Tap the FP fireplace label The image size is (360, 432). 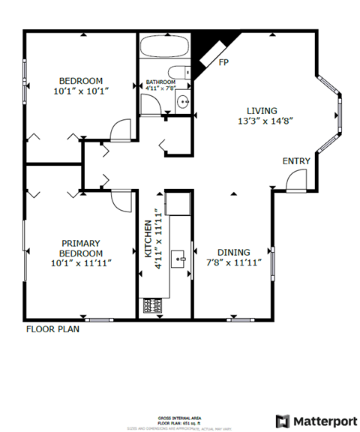coord(223,62)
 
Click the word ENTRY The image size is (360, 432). coord(296,161)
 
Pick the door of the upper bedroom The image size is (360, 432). coord(119,131)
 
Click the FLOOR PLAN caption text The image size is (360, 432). coord(52,328)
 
